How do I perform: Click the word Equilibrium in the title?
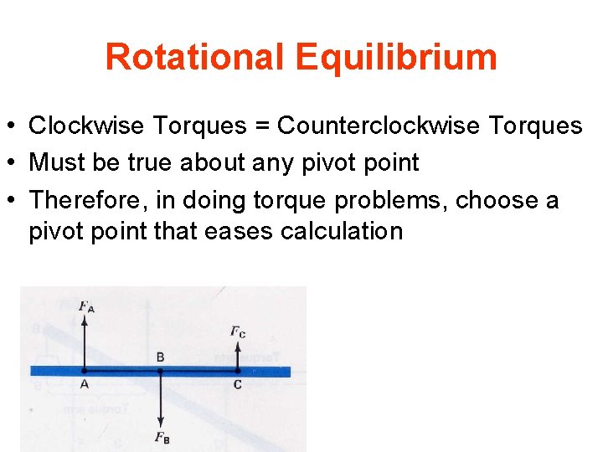point(396,58)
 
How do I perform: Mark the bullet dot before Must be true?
point(14,162)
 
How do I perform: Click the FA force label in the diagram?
point(86,306)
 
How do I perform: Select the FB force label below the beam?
point(162,438)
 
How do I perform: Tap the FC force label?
point(238,331)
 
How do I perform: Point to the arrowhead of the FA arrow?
point(85,320)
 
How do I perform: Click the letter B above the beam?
point(160,357)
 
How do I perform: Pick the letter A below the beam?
point(85,384)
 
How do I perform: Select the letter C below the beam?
point(238,384)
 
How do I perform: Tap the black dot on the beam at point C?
point(238,371)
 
